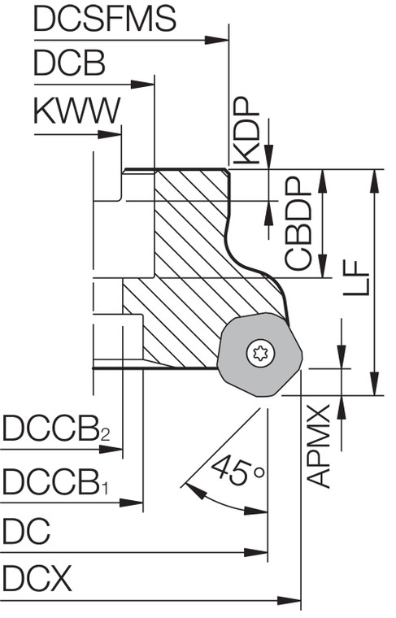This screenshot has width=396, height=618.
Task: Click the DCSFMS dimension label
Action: pyautogui.click(x=105, y=20)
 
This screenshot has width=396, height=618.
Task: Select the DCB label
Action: pyautogui.click(x=70, y=64)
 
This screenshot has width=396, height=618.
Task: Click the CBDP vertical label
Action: pyautogui.click(x=299, y=224)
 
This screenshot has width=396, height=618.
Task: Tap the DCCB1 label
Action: pyautogui.click(x=55, y=483)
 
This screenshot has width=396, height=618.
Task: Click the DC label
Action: pyautogui.click(x=26, y=534)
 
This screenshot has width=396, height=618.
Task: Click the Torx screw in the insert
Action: pyautogui.click(x=261, y=354)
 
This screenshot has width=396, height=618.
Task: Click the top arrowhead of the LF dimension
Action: pyautogui.click(x=373, y=180)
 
